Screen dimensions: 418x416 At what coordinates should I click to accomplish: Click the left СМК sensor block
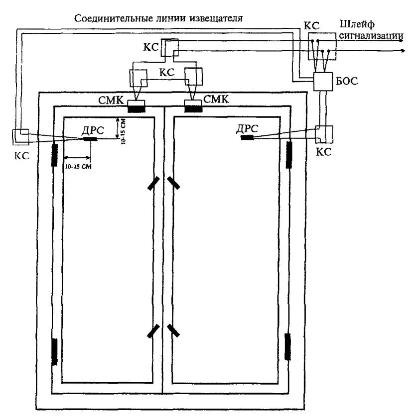pos(136,106)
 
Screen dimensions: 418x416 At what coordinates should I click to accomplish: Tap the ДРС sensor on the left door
pos(90,138)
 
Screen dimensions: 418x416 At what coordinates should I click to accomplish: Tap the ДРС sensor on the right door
pos(247,137)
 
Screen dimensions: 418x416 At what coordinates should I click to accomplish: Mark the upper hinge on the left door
pos(53,154)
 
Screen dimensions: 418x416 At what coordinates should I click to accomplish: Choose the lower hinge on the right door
pos(287,347)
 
